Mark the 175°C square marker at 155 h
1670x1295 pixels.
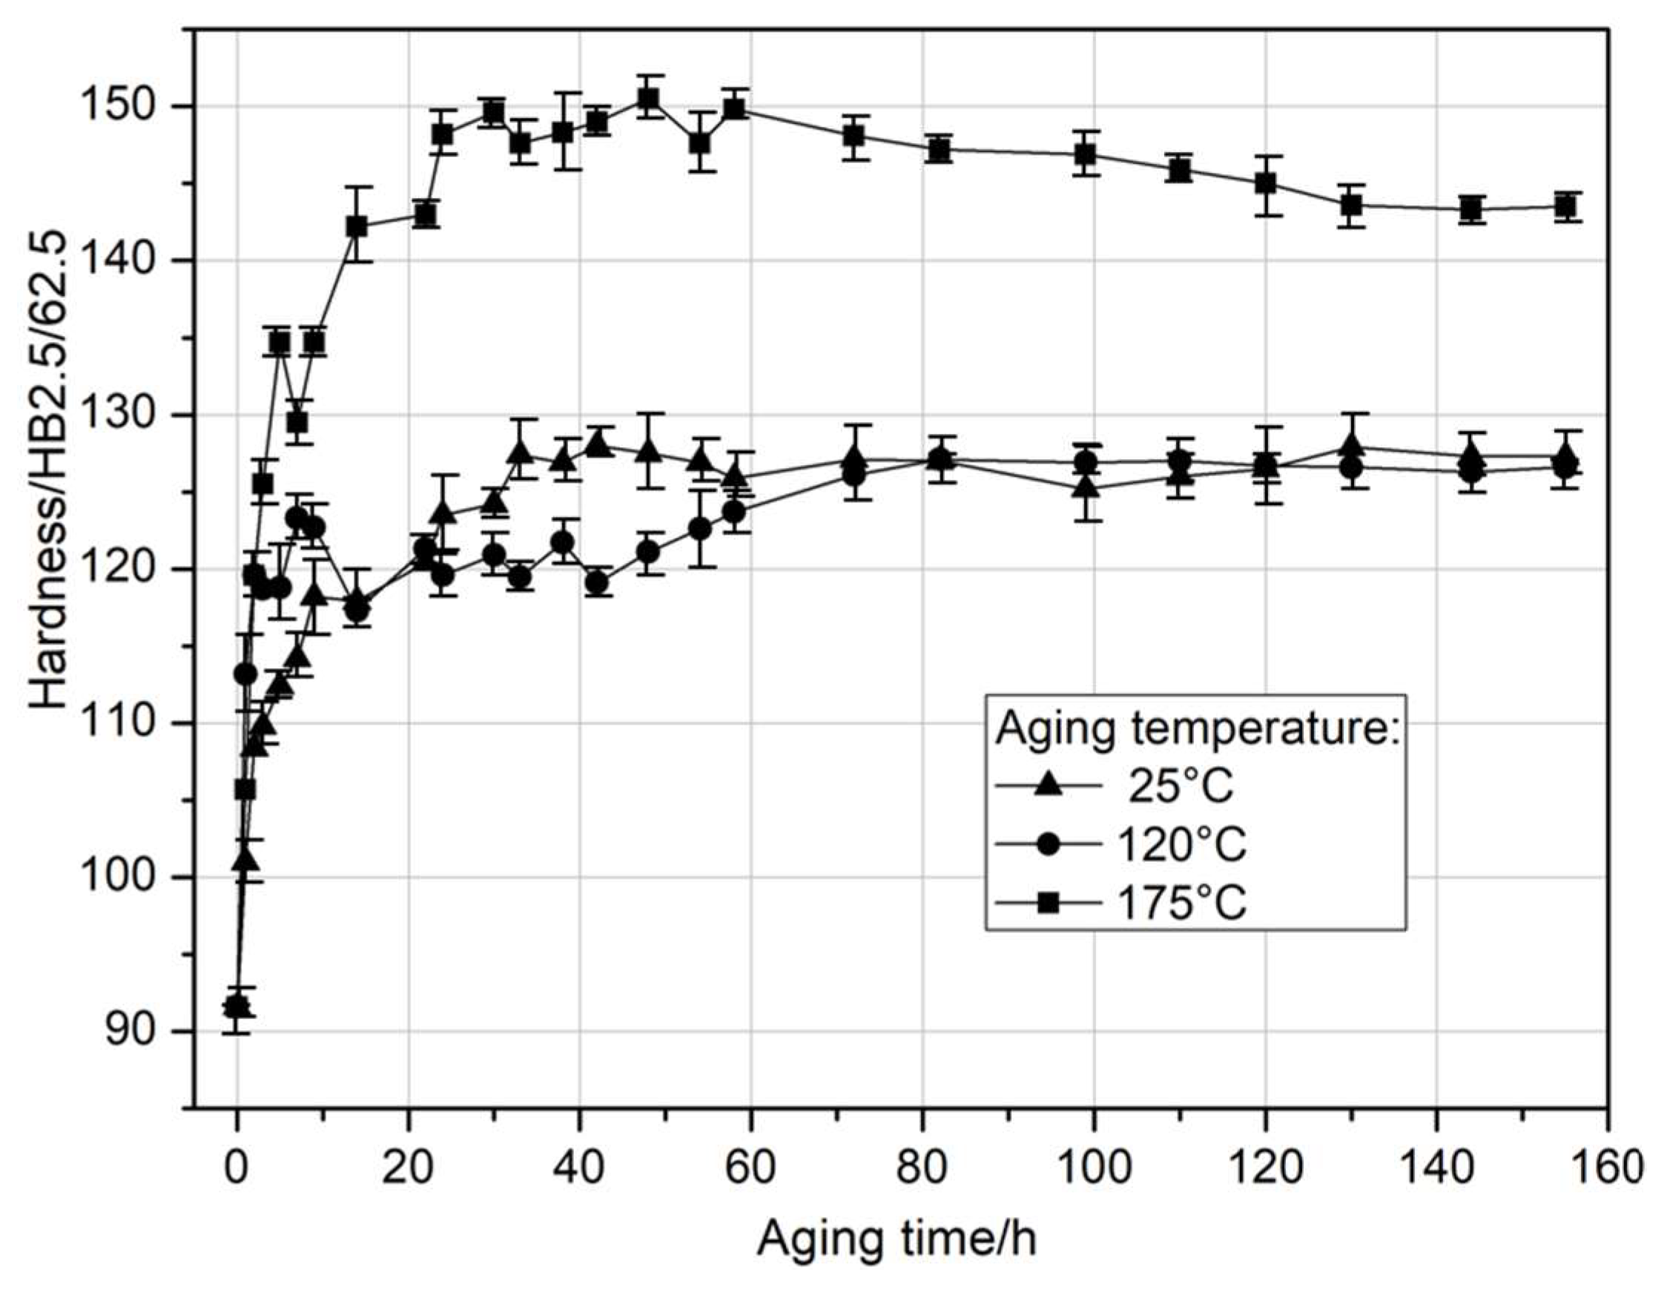[x=1565, y=206]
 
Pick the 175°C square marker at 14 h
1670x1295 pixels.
[x=357, y=226]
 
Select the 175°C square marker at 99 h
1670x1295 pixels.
[x=1085, y=154]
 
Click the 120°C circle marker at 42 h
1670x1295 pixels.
[x=598, y=583]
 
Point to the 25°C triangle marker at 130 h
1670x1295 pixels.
[x=1351, y=446]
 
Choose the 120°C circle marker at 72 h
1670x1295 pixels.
[x=854, y=475]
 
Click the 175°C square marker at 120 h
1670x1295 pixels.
[x=1266, y=184]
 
